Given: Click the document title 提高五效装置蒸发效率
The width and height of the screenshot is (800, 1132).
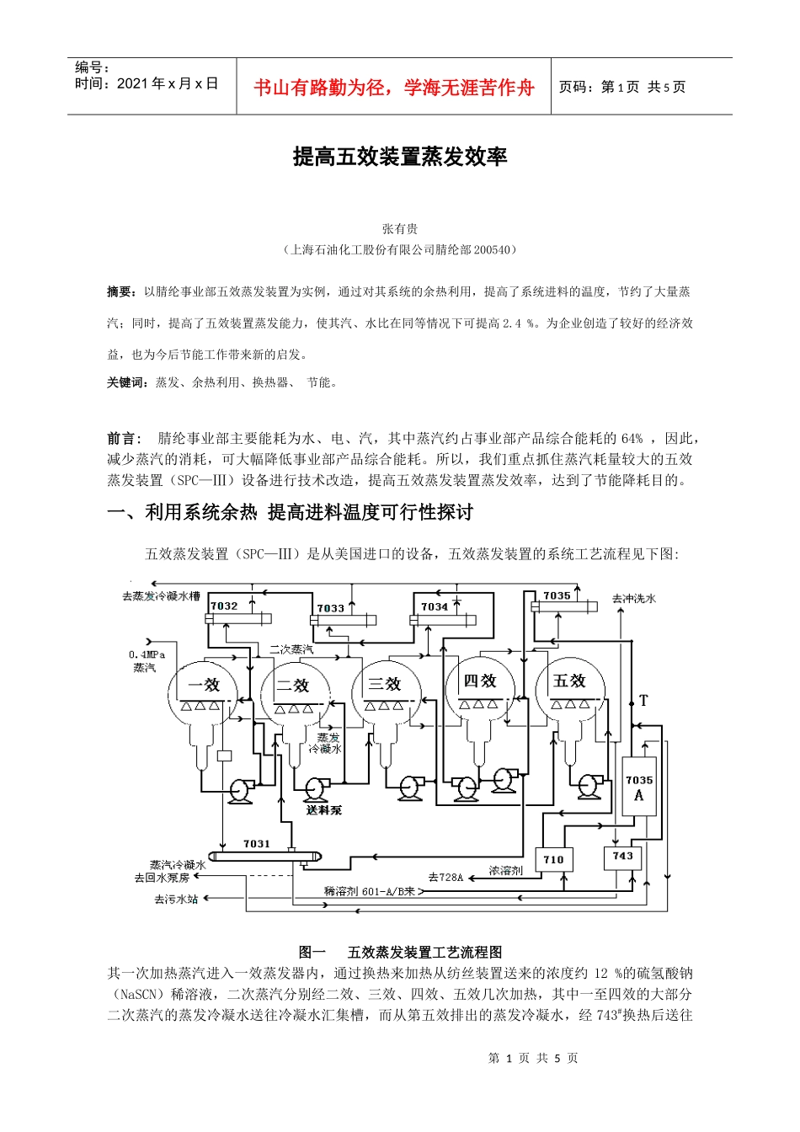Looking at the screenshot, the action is pos(400,157).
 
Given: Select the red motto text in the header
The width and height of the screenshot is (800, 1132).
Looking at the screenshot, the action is pos(393,88).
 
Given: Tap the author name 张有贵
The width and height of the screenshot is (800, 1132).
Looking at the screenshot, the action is pos(400,229).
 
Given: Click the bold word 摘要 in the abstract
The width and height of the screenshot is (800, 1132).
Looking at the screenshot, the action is pos(120,291).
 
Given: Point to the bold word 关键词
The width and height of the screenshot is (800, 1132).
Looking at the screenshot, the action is pos(127,382).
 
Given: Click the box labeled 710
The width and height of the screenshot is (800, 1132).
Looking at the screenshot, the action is pos(553,860).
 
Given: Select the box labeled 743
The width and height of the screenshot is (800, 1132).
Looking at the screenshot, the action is pos(622,857).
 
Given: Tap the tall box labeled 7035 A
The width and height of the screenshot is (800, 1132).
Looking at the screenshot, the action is pos(638,787).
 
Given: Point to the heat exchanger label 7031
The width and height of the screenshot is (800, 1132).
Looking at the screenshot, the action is pos(257,844).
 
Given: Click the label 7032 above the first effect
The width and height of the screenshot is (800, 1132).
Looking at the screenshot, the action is pos(224,606).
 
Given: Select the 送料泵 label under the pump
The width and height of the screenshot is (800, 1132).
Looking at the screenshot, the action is pos(324,810).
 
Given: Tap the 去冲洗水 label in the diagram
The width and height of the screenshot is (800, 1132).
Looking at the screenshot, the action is pos(634,599).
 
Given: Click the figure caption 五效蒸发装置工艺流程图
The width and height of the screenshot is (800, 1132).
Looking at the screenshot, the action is pos(424,952).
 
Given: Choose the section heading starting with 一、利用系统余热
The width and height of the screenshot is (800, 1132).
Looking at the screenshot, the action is pos(290,512).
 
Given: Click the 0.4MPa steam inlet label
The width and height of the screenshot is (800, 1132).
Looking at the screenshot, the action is pos(147,655).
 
